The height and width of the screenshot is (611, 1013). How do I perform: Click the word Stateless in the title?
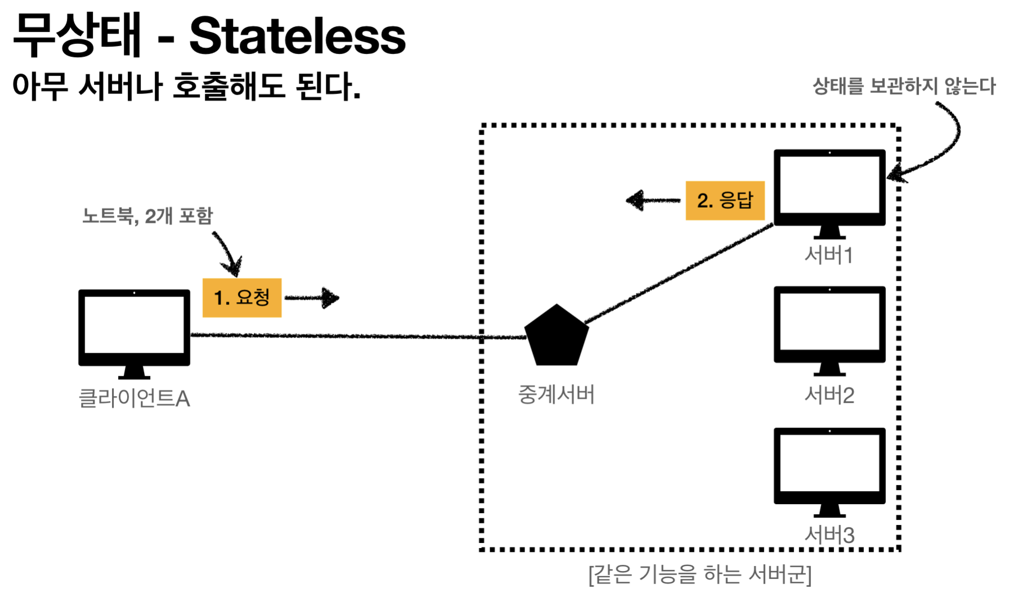point(297,36)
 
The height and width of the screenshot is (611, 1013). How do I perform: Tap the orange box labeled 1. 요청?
point(242,298)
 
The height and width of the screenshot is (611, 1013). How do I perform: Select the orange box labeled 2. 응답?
point(725,200)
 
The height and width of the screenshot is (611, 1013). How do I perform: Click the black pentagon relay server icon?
point(557,336)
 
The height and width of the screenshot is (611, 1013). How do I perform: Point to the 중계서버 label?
point(556,394)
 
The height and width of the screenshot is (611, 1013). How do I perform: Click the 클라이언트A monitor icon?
point(134,332)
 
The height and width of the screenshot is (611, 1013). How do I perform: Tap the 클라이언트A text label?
point(134,398)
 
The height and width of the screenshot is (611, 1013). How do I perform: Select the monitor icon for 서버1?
point(830,191)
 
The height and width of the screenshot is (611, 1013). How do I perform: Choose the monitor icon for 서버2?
point(830,329)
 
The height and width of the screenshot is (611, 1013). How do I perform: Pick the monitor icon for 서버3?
point(830,470)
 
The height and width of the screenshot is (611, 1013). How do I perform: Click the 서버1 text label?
point(829,255)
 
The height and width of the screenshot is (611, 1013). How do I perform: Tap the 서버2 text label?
point(829,396)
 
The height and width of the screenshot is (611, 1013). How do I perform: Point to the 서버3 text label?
point(829,535)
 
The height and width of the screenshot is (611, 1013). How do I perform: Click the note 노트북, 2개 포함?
point(147,216)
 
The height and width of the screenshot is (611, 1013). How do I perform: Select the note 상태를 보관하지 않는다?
point(904,86)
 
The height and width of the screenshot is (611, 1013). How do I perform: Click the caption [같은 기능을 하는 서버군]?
point(700,575)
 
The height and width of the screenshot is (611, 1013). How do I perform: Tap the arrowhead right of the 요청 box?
point(331,298)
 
